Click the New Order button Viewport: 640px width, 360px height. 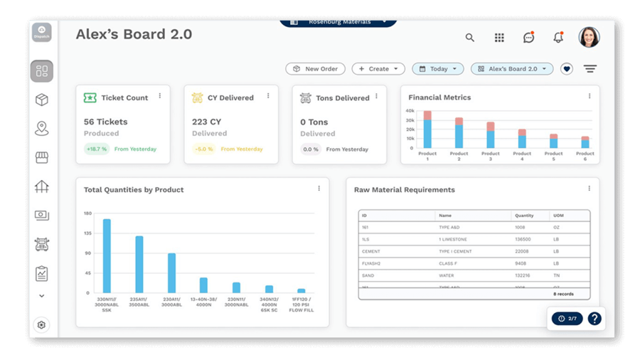pyautogui.click(x=315, y=69)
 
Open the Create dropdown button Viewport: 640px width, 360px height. pyautogui.click(x=378, y=69)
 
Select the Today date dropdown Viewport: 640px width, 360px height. pyautogui.click(x=437, y=69)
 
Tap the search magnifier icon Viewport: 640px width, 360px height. pyautogui.click(x=470, y=37)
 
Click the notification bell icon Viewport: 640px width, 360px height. pyautogui.click(x=558, y=37)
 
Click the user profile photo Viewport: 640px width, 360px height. pyautogui.click(x=589, y=37)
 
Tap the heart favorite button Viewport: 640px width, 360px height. pyautogui.click(x=566, y=69)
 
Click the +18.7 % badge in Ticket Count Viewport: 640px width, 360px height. pyautogui.click(x=96, y=149)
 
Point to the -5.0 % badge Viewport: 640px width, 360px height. pyautogui.click(x=204, y=149)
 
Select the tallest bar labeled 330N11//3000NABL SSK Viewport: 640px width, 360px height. pyautogui.click(x=107, y=256)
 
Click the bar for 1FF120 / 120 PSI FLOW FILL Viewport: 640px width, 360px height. pyautogui.click(x=301, y=291)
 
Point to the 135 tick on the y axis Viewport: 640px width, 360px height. pyautogui.click(x=87, y=233)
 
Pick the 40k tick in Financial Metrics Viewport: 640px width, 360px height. pyautogui.click(x=410, y=111)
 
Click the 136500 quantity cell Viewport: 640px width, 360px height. pyautogui.click(x=523, y=239)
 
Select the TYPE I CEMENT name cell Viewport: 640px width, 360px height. pyautogui.click(x=455, y=251)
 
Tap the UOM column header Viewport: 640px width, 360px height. pyautogui.click(x=558, y=216)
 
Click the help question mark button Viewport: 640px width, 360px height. pyautogui.click(x=594, y=319)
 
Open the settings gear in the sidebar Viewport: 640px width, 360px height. pyautogui.click(x=41, y=325)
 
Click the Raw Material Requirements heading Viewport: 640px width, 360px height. pyautogui.click(x=404, y=190)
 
